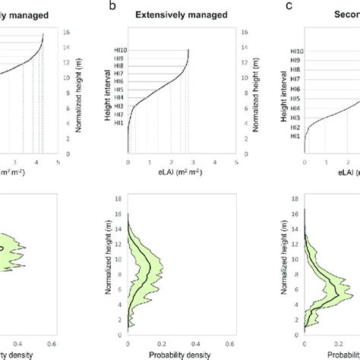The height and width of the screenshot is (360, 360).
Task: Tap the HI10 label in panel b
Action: click(x=118, y=51)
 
